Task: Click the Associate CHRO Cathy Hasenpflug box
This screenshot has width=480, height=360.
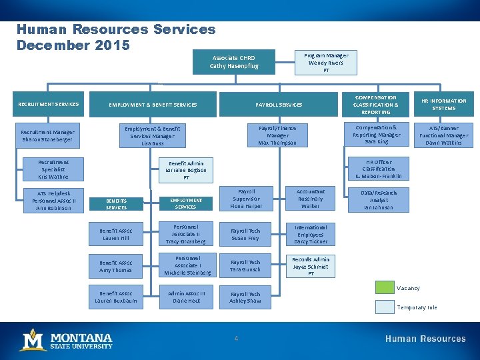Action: [233, 62]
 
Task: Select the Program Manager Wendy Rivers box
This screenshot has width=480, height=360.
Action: [326, 63]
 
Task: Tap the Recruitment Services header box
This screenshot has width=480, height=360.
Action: [49, 104]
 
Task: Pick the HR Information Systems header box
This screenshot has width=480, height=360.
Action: [443, 105]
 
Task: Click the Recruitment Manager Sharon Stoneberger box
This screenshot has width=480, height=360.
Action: [49, 136]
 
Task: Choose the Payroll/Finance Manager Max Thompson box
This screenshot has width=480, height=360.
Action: [277, 135]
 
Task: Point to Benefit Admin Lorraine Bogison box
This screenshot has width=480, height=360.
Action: [186, 170]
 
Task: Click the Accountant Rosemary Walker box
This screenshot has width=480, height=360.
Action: [310, 199]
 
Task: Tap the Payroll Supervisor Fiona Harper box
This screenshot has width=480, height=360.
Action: [245, 199]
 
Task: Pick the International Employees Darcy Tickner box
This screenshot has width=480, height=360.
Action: [310, 234]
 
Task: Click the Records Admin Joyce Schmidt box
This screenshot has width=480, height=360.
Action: [310, 266]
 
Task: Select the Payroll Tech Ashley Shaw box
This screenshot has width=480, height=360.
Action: [245, 297]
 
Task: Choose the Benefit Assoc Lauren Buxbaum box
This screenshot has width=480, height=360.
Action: [116, 297]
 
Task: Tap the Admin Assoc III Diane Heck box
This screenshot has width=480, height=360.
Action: [186, 297]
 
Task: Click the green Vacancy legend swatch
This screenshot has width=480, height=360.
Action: [385, 288]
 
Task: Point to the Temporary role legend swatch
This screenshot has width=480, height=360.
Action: [385, 307]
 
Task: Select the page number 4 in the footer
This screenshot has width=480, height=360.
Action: [236, 339]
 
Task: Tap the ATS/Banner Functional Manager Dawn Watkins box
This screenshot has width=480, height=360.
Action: [443, 135]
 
